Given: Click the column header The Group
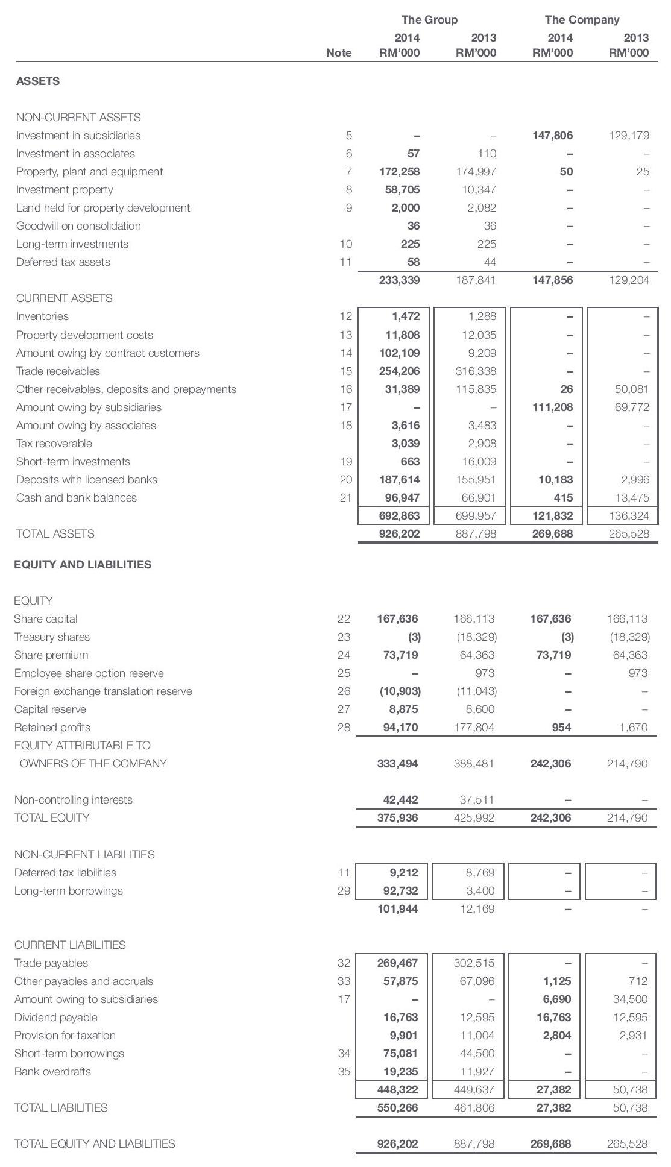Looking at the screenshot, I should (x=429, y=20).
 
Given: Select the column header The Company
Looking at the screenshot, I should (x=582, y=20).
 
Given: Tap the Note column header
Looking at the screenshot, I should (x=338, y=53).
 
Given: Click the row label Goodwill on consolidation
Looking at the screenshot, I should (x=78, y=226).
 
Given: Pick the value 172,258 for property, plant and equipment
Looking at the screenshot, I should (x=399, y=172).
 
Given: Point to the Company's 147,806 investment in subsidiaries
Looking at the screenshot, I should (x=552, y=136).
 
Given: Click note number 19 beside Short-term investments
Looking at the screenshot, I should (x=345, y=462).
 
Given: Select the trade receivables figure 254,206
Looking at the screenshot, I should (x=399, y=371).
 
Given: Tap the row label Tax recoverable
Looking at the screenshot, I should (x=54, y=444).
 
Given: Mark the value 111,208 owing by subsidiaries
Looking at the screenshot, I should (x=552, y=407).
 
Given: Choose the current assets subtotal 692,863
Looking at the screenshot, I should (x=399, y=516).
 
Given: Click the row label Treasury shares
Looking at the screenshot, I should (x=52, y=637).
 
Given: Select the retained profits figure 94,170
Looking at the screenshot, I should (x=400, y=728).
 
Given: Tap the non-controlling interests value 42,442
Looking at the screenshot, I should (x=400, y=800).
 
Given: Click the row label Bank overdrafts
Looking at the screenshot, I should (x=52, y=1072).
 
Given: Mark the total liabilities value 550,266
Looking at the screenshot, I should (x=398, y=1108).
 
